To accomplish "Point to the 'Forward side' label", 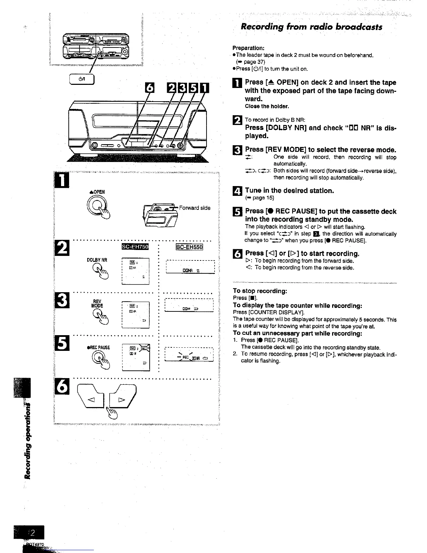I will pyautogui.click(x=195, y=208).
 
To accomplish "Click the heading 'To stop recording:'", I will pyautogui.click(x=260, y=291).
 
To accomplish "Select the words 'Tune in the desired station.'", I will pyautogui.click(x=289, y=191).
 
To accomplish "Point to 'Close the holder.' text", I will pyautogui.click(x=267, y=106).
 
